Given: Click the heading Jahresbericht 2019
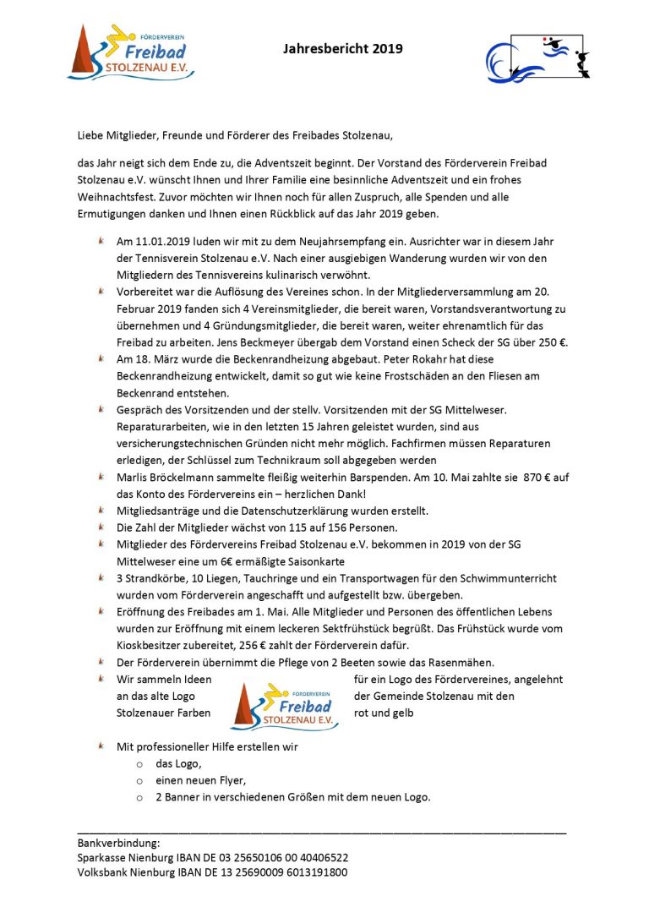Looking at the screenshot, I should point(342,49).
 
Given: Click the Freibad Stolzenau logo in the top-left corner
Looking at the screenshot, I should point(131,52).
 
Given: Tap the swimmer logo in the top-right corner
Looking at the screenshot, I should point(537,56).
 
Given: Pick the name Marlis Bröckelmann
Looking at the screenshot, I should point(166,477).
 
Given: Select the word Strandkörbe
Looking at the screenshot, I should point(155,577).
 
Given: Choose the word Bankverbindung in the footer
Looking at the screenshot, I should point(118,843).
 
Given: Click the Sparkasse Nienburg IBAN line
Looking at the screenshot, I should point(212,857).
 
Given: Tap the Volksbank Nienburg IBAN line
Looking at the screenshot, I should point(212,872).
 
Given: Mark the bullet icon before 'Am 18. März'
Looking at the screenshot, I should point(101,358).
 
